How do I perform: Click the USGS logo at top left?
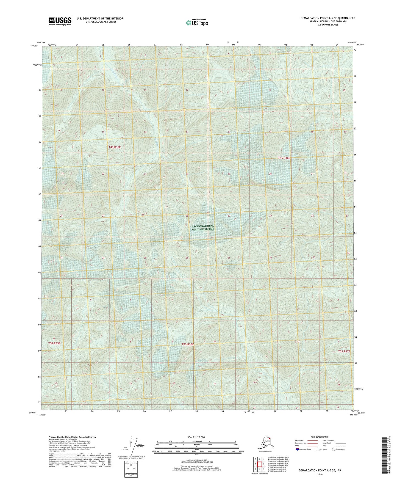(x=60, y=21)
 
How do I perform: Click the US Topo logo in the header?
(x=197, y=23)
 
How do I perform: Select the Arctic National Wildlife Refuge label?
(x=203, y=227)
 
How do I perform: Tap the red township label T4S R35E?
(x=115, y=147)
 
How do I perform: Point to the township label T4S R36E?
(x=284, y=158)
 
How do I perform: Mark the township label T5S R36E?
(x=188, y=344)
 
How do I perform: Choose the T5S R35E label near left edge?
(x=54, y=343)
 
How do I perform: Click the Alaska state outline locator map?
(x=265, y=444)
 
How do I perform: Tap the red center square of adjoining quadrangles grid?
(x=259, y=464)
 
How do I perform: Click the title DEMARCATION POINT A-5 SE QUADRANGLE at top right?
(x=328, y=18)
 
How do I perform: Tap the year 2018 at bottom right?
(x=320, y=474)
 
